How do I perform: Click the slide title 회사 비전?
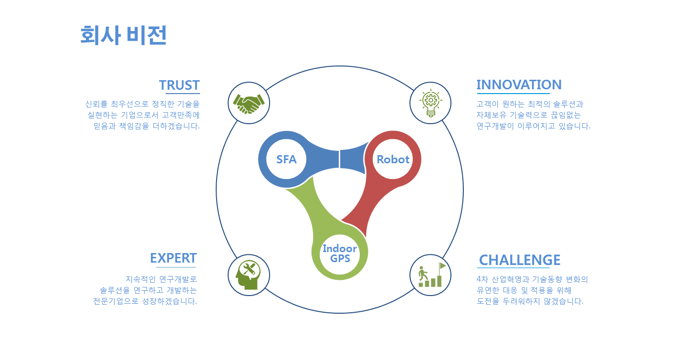pos(124,35)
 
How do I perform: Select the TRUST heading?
pos(179,85)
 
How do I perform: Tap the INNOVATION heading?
pos(519,85)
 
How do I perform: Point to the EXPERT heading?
pos(173,258)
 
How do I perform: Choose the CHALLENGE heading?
pos(520,260)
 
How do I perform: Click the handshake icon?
pos(249,104)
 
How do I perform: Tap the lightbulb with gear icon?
pos(430,103)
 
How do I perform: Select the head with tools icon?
pos(248,275)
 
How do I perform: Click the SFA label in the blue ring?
pos(286,159)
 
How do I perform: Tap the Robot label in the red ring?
pos(393,159)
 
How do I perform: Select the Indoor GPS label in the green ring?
pos(340,254)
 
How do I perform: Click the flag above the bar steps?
pos(442,266)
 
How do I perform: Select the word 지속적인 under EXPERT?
pos(140,279)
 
